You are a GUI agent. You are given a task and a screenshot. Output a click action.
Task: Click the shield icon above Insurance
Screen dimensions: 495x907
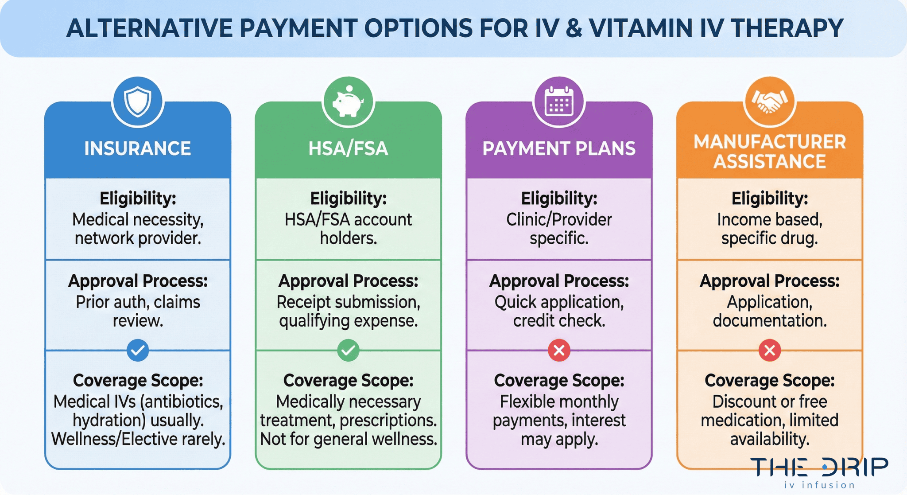click(138, 101)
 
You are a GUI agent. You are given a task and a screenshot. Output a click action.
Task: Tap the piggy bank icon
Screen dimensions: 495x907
click(348, 101)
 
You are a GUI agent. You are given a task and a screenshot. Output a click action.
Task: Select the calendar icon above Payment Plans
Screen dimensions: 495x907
click(559, 101)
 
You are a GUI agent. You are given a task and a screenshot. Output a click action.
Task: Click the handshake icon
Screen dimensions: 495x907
click(770, 101)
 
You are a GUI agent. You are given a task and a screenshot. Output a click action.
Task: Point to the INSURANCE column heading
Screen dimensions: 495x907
click(138, 148)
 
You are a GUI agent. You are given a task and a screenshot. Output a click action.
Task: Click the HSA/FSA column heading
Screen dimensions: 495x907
click(348, 148)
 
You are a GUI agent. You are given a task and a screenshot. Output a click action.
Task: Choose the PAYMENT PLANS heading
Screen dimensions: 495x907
click(559, 148)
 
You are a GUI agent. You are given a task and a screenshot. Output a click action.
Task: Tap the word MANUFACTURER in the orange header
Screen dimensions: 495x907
click(770, 142)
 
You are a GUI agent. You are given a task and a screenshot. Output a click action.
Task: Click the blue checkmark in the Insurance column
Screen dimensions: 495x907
click(138, 350)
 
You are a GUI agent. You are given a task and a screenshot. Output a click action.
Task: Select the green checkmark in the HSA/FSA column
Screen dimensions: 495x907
click(348, 350)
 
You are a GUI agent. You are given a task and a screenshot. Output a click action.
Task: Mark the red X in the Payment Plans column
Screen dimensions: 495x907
click(559, 350)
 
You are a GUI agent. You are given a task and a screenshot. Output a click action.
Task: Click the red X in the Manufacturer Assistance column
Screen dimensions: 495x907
click(770, 350)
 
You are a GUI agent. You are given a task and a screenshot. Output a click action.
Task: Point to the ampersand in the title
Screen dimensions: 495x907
click(574, 28)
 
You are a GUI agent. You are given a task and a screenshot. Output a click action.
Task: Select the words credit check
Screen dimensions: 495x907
click(559, 321)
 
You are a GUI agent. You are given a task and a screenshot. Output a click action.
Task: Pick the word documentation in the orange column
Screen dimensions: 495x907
click(770, 321)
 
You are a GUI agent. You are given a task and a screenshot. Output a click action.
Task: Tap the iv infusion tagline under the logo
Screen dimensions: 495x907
click(819, 485)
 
